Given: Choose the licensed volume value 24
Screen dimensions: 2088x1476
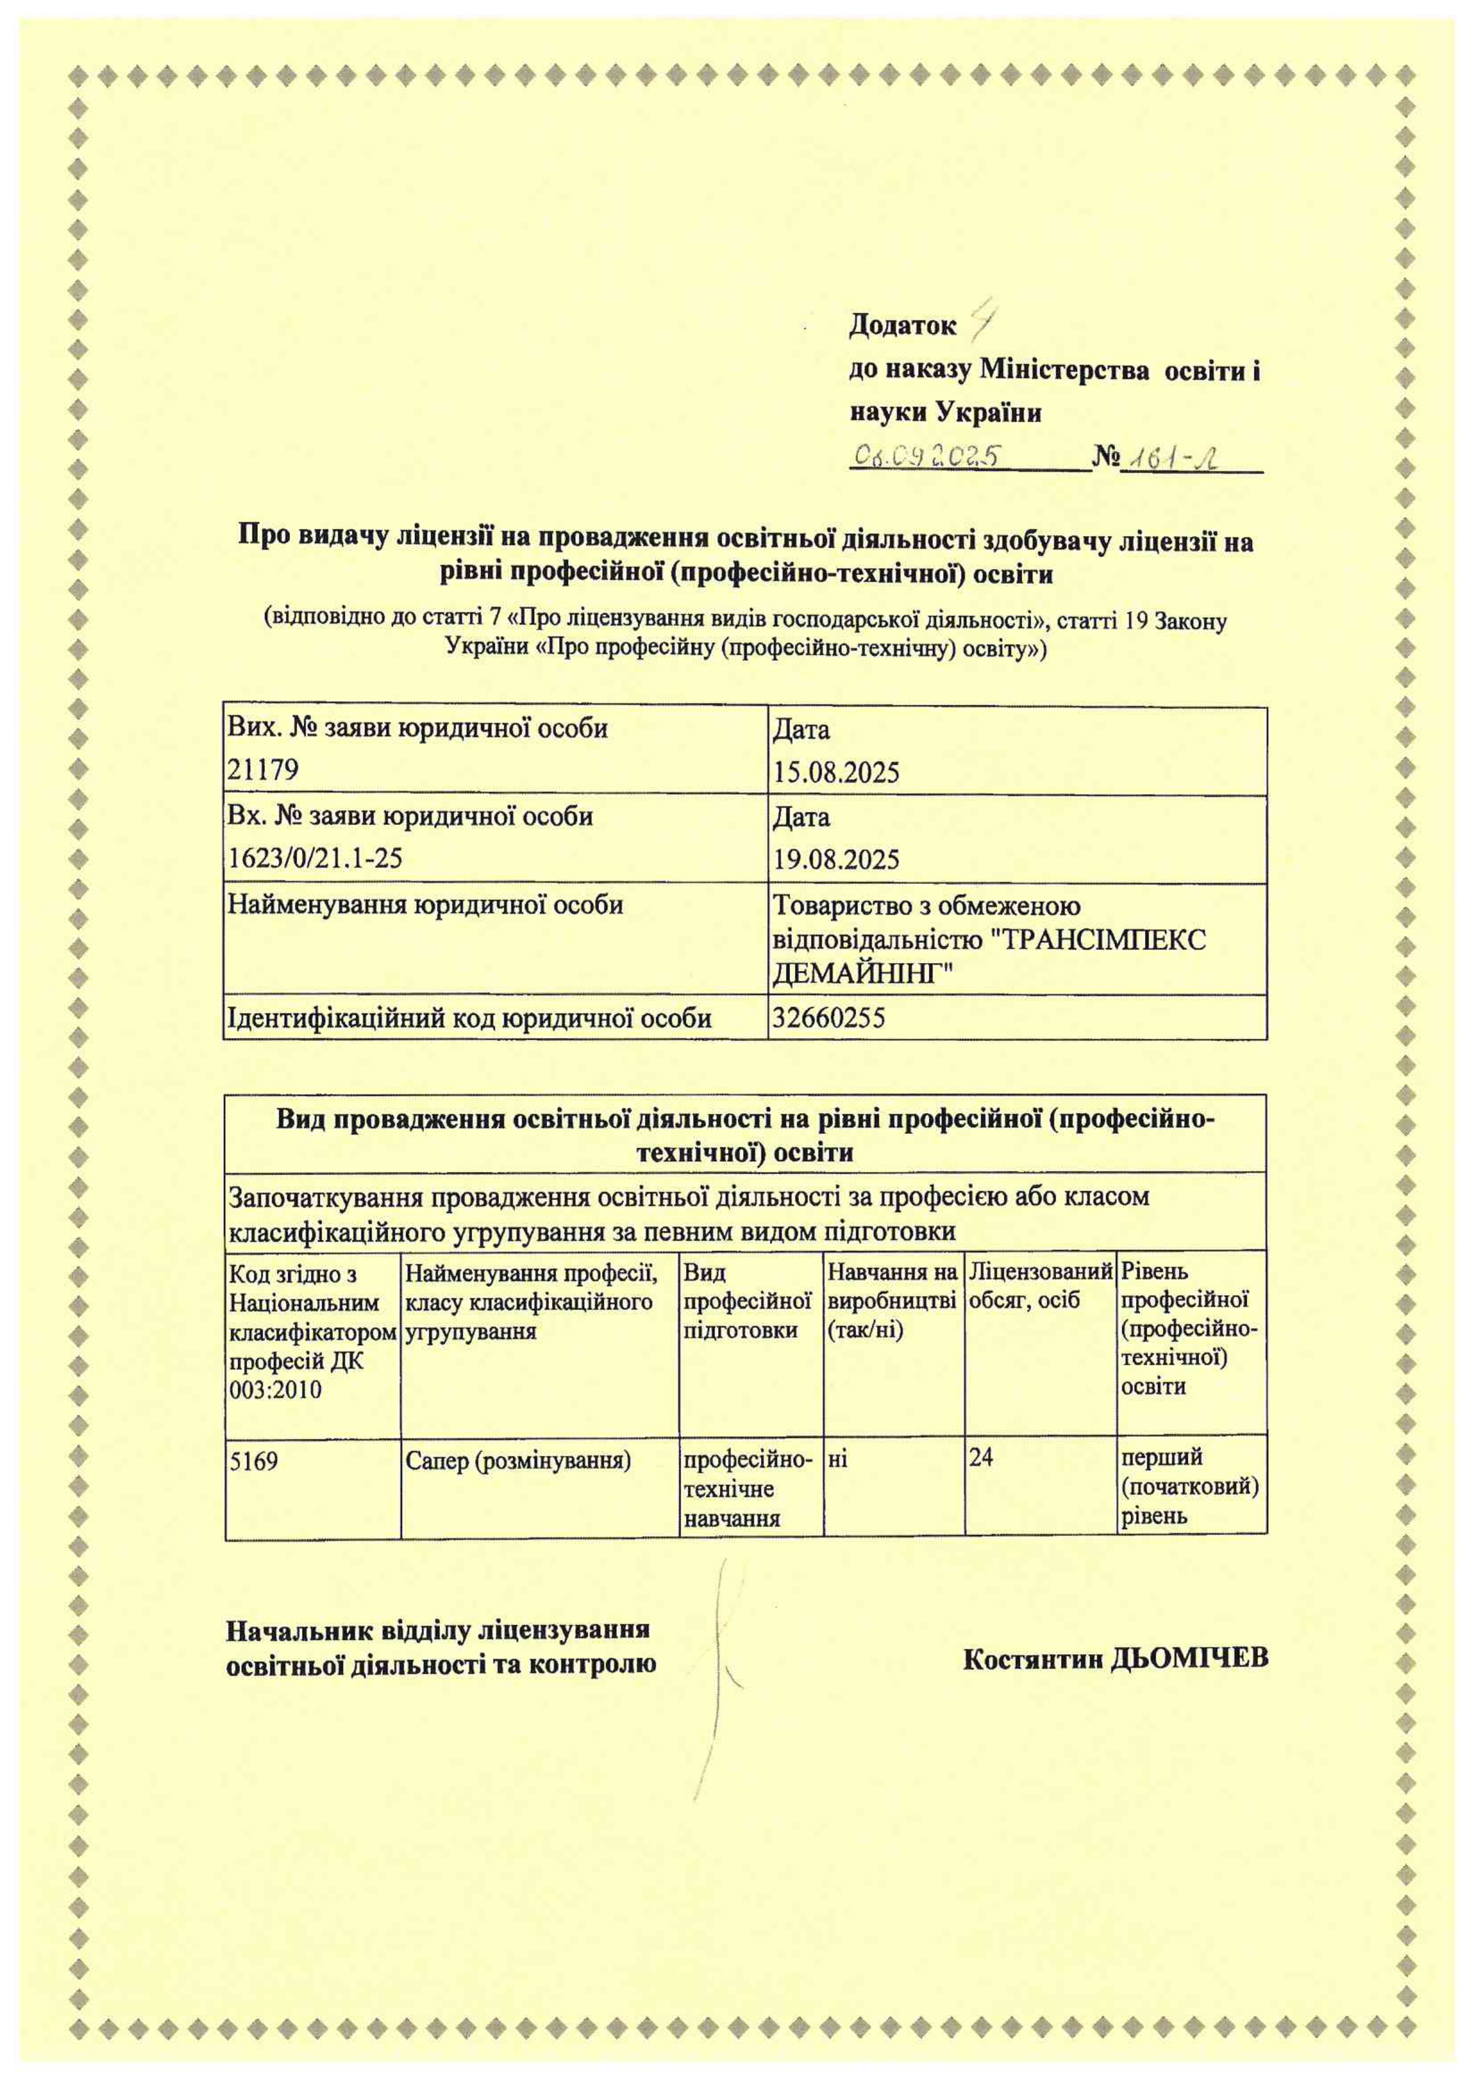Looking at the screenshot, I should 981,1458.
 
